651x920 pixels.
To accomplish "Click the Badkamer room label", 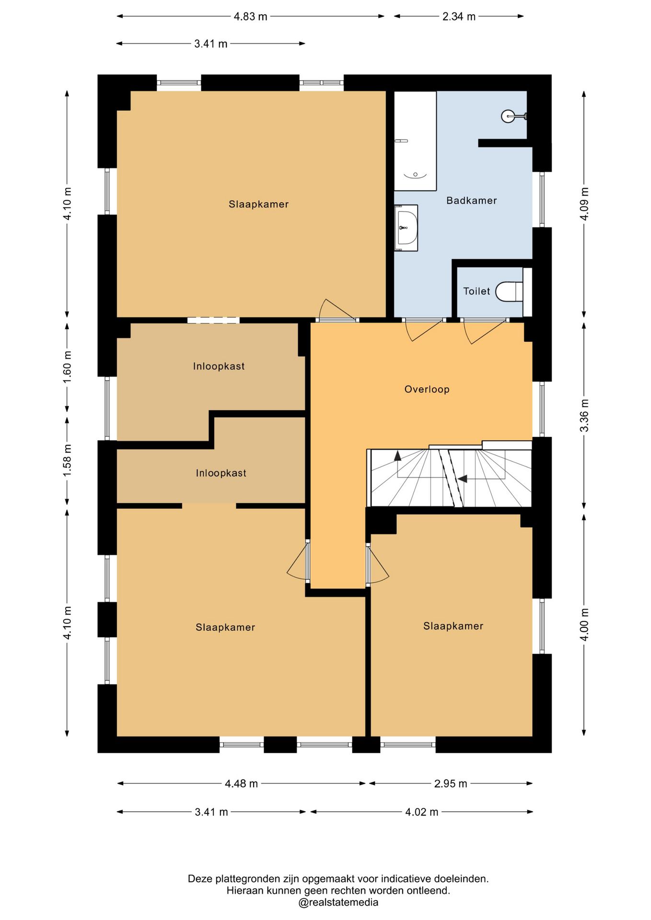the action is point(471,200).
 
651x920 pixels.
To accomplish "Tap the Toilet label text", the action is point(477,291).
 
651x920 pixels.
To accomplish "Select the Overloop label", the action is point(427,389).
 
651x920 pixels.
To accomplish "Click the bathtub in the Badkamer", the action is point(415,141).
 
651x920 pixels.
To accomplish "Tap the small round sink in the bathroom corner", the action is point(508,116).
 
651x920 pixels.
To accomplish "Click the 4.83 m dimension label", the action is point(250,16).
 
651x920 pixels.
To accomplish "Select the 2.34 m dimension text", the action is point(459,16).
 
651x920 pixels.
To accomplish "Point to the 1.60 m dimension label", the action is point(67,367).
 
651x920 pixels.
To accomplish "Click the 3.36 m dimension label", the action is point(584,415).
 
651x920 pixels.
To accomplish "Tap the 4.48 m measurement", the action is point(241,783).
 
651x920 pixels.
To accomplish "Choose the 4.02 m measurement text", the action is point(422,812).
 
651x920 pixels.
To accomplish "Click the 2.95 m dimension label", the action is point(451,783).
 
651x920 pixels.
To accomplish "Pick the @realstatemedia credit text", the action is point(338,902).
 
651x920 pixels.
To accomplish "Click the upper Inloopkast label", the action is point(219,366).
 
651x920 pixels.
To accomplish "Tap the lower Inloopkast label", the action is point(221,473).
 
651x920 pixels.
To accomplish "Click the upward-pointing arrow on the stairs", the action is point(398,455).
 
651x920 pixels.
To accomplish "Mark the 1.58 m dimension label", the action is point(67,460).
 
